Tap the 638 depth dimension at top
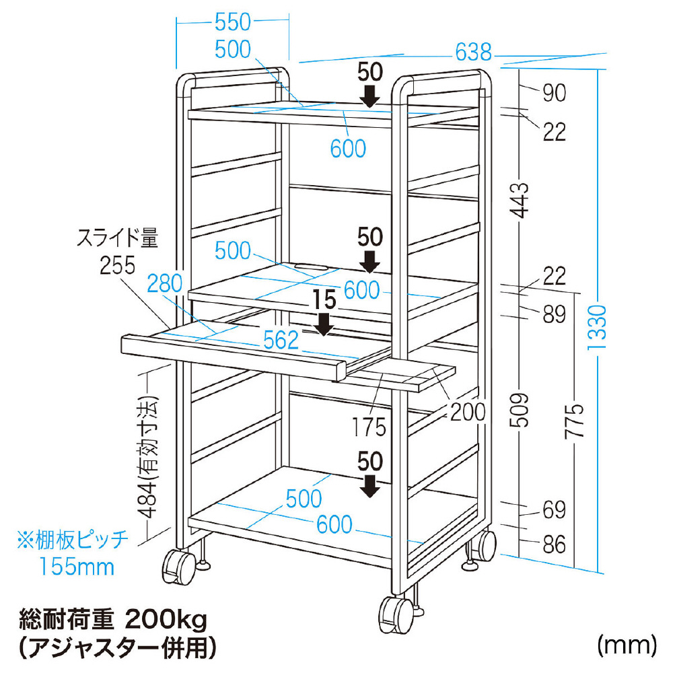coord(473,51)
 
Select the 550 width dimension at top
coord(232,22)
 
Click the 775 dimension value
coord(574,421)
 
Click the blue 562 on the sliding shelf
coord(280,340)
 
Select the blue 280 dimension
coord(166,283)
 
